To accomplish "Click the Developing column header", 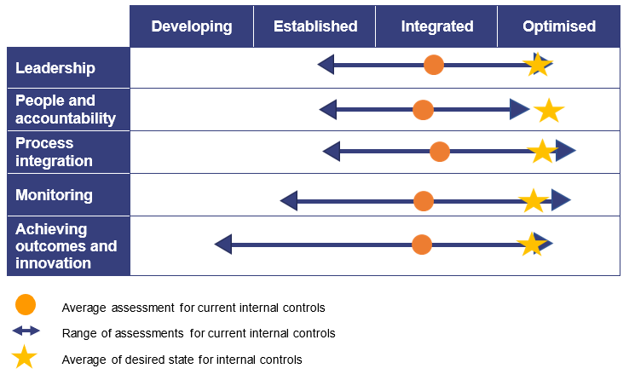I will tap(192, 26).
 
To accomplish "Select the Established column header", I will tap(315, 26).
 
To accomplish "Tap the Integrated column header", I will tap(437, 26).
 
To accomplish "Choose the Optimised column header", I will tap(559, 26).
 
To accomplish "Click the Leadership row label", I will tap(55, 68).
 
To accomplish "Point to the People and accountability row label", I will tap(66, 110).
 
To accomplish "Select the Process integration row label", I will tap(54, 152).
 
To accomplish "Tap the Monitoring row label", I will tap(54, 195).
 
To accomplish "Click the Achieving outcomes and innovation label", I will tap(66, 246).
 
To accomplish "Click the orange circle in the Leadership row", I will tap(434, 65).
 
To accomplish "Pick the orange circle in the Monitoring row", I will tap(424, 201).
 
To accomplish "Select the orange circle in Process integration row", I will tap(440, 152).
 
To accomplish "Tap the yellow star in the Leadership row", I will tap(538, 65).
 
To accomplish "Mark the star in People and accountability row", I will tap(549, 110).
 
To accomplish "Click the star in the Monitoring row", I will tap(534, 201).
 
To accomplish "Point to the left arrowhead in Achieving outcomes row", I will tap(223, 245).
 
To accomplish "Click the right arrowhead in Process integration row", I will tap(566, 152).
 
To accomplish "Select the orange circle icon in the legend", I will tap(26, 305).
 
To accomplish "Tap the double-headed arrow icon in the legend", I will tap(26, 331).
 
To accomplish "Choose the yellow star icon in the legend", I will tap(25, 358).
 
